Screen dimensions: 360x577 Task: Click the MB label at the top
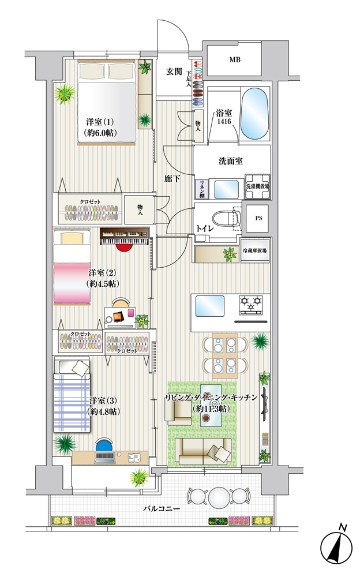pos(235,59)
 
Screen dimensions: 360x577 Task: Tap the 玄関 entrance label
pos(174,72)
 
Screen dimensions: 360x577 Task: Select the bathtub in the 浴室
pos(254,113)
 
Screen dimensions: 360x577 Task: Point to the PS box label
pos(259,218)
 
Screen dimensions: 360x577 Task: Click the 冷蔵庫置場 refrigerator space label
pos(255,250)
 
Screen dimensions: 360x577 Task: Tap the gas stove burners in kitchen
pos(252,305)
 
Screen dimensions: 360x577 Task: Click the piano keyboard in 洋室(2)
pos(125,236)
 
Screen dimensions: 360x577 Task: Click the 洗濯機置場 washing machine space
pos(258,186)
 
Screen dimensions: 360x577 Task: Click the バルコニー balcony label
pos(162,509)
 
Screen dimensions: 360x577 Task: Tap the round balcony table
pos(219,497)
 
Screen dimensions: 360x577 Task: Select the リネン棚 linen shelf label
pos(202,189)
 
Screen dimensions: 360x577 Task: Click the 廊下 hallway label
pos(172,179)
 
